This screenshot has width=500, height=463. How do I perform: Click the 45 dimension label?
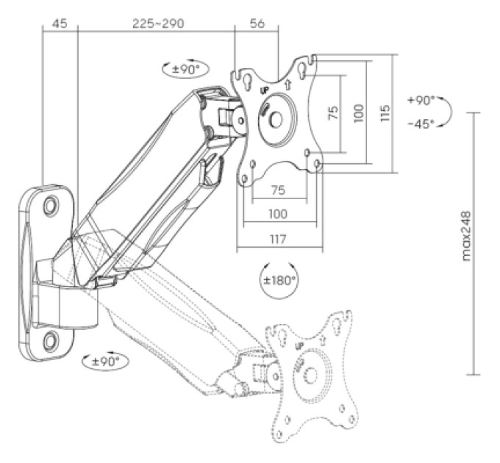[60, 24]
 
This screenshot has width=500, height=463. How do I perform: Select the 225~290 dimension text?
[158, 24]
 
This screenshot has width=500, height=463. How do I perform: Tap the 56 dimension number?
[257, 24]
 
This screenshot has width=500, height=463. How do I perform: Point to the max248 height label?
[466, 236]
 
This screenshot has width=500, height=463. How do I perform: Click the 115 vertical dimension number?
[385, 112]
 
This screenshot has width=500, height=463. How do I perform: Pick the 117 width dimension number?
[278, 239]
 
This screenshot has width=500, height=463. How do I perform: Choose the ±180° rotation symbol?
[279, 281]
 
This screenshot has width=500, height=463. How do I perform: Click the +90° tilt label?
[421, 101]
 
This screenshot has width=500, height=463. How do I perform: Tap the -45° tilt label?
[421, 124]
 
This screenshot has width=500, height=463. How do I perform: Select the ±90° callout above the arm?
[185, 69]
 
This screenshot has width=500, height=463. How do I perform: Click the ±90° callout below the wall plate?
[106, 362]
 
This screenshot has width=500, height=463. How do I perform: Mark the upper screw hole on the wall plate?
[51, 207]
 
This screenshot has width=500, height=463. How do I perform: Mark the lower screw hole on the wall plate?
[51, 341]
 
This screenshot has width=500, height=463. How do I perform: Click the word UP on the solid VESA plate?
[265, 91]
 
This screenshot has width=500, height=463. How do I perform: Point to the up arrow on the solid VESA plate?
[287, 84]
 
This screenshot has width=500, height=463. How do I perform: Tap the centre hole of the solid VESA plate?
[276, 120]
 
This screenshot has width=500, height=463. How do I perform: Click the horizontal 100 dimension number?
[278, 214]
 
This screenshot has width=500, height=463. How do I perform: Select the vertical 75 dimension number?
[333, 112]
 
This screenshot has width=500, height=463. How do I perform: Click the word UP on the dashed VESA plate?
[299, 346]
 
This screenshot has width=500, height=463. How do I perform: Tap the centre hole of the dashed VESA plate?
[310, 376]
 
